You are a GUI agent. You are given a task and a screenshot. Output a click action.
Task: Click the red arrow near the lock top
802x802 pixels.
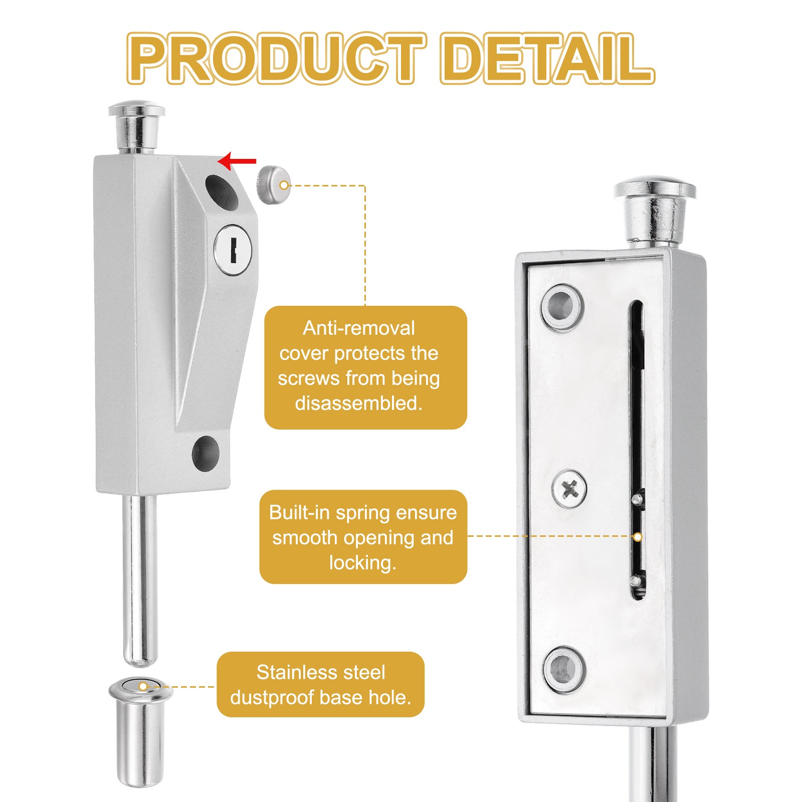tap(237, 161)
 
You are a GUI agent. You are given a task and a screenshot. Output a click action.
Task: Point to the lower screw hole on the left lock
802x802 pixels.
tap(206, 454)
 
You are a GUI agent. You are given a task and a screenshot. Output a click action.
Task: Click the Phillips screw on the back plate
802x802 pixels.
tap(570, 488)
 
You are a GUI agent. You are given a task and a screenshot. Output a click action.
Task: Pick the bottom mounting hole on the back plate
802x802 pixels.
tap(565, 669)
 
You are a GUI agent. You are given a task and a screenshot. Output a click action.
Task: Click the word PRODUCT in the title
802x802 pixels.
tap(277, 59)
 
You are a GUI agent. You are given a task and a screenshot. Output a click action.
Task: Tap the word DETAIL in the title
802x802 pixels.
tap(547, 59)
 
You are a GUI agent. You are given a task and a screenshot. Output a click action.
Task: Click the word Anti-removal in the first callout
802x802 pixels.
tap(359, 328)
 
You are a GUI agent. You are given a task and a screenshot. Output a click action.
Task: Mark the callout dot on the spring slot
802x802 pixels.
tap(638, 537)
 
